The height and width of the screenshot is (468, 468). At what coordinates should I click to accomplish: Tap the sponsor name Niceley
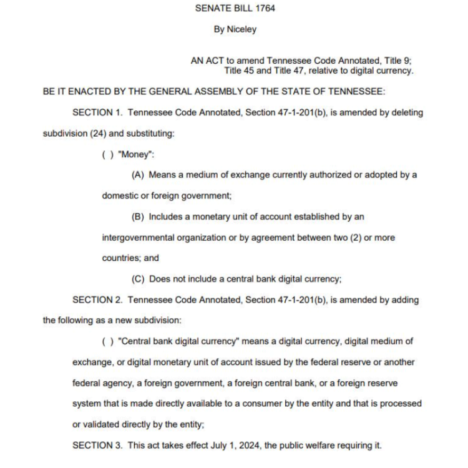tap(243, 29)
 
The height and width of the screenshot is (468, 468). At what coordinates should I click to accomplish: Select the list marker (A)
tap(138, 175)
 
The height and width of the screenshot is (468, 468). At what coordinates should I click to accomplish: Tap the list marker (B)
tap(138, 217)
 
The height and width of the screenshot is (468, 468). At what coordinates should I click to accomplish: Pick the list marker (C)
tap(138, 279)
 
